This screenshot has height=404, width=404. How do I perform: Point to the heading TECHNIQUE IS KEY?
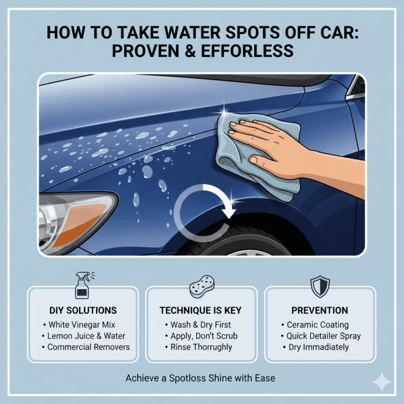(x=201, y=310)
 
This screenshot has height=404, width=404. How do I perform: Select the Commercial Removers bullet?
(x=85, y=347)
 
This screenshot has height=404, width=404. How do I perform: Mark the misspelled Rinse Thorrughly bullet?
(x=201, y=347)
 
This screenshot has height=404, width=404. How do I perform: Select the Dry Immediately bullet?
(x=318, y=347)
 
